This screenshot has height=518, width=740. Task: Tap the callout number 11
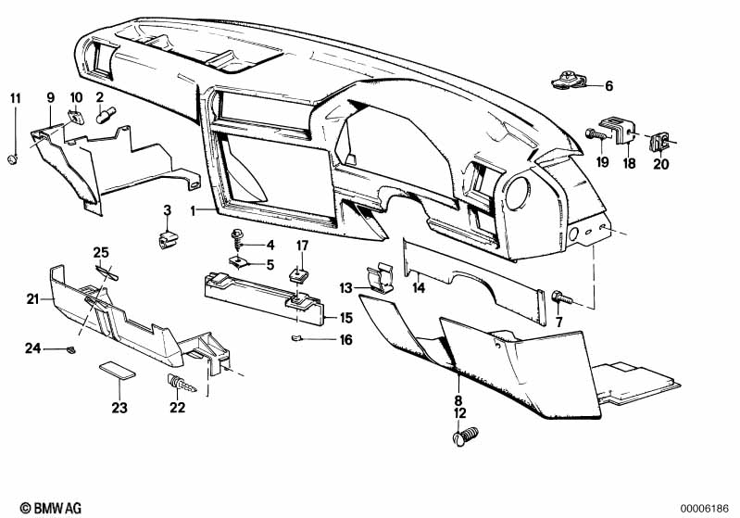pyautogui.click(x=14, y=97)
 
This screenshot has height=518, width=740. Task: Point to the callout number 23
pyautogui.click(x=119, y=408)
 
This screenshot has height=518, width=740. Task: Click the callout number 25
pyautogui.click(x=101, y=253)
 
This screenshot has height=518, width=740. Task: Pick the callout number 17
pyautogui.click(x=302, y=246)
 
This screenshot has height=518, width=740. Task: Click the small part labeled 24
pyautogui.click(x=70, y=349)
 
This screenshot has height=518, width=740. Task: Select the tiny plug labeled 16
pyautogui.click(x=299, y=336)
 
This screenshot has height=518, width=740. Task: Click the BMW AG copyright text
pyautogui.click(x=40, y=509)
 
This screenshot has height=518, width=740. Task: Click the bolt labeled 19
pyautogui.click(x=596, y=136)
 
